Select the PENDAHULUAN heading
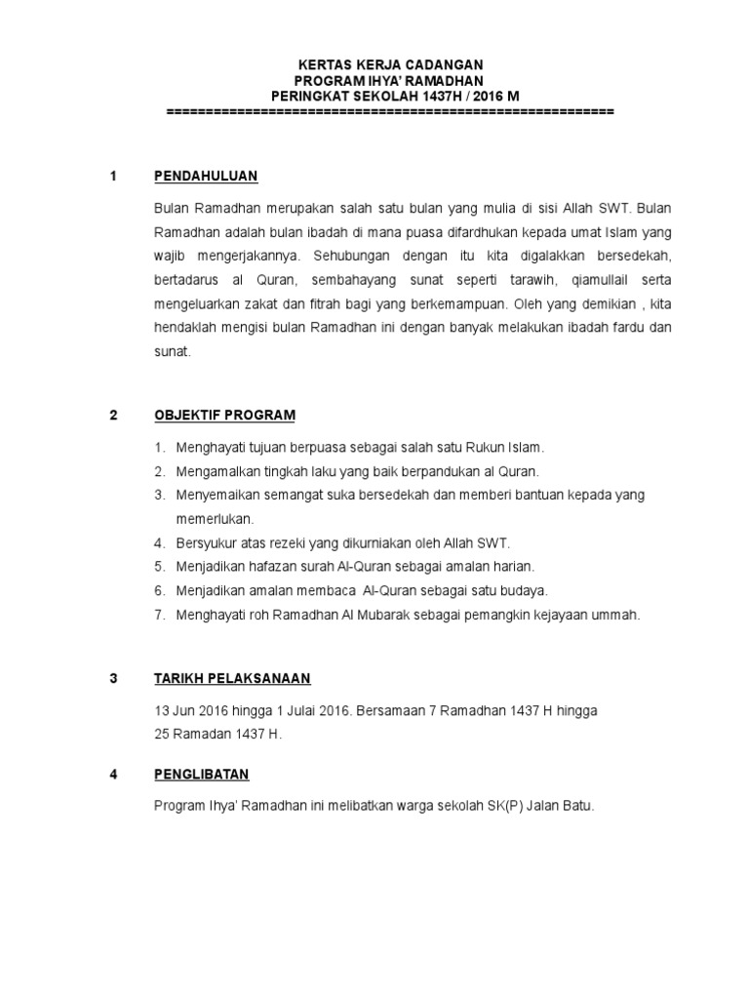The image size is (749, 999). (205, 177)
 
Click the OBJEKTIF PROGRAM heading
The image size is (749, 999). (224, 415)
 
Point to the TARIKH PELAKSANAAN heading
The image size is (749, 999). (232, 678)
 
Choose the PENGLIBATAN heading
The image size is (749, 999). (202, 775)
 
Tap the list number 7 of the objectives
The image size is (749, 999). (160, 615)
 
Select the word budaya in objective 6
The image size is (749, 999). (524, 590)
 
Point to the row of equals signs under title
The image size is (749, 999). (390, 113)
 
